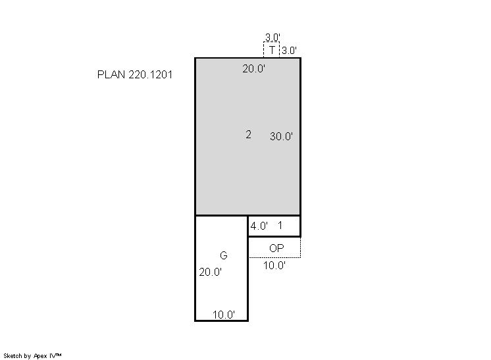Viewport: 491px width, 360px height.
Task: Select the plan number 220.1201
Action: (151, 74)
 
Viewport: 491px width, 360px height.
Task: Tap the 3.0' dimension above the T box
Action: (272, 38)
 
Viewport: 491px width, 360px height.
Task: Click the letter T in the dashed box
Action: (272, 49)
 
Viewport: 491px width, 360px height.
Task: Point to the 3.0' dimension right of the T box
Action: (289, 51)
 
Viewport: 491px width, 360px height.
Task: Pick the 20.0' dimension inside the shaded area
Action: (253, 68)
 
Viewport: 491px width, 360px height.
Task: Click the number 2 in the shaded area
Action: (248, 134)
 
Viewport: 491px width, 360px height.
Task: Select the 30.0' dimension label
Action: (281, 136)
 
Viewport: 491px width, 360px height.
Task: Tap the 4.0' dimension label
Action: (259, 226)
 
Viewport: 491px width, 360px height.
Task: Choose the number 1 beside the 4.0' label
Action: (280, 225)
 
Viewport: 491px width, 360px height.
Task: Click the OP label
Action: (276, 248)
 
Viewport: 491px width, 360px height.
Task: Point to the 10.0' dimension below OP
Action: (274, 265)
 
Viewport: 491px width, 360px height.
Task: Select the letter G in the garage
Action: (224, 255)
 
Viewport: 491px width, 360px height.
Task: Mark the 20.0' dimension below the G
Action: (210, 272)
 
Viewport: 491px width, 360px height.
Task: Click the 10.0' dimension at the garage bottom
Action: (224, 315)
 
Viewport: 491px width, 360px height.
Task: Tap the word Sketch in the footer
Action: (13, 356)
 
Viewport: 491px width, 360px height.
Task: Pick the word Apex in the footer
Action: (40, 356)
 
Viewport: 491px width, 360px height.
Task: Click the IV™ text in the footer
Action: (55, 355)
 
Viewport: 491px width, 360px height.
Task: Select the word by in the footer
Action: (28, 356)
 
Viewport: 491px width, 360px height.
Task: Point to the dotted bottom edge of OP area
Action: (274, 257)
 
